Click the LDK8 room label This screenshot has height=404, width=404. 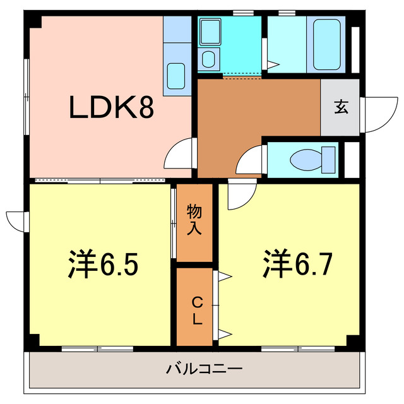point(111,109)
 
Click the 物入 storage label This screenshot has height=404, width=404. point(194,221)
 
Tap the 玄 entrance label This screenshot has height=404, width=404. point(341,107)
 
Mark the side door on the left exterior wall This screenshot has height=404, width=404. point(17,221)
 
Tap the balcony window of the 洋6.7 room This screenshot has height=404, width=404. point(289,348)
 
